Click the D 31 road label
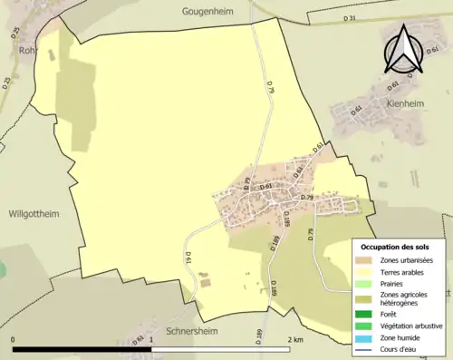(350, 18)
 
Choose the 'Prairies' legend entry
(392, 283)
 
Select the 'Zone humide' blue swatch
(365, 338)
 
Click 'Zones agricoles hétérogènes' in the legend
(410, 298)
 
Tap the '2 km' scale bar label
(294, 339)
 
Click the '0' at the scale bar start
(14, 339)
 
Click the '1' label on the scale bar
(150, 339)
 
